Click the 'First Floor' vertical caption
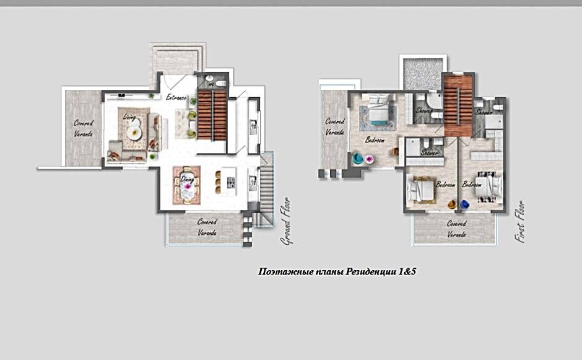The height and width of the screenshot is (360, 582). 521,221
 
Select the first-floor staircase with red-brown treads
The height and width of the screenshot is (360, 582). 458,103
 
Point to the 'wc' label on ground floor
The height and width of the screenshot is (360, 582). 211,83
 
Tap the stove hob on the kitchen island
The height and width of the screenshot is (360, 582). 231,183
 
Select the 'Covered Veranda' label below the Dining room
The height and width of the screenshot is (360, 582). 206,227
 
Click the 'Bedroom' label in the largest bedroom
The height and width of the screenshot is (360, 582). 375,140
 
